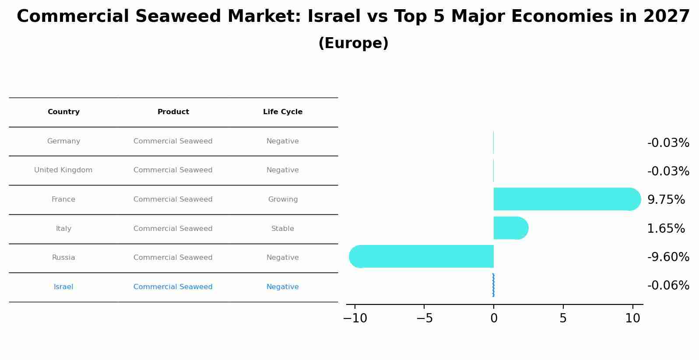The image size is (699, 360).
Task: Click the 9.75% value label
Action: tap(666, 200)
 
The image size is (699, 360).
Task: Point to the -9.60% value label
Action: tap(668, 257)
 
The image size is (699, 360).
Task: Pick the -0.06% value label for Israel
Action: tap(668, 286)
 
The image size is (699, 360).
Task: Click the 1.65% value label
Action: tap(666, 229)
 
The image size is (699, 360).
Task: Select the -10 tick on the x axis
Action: tap(355, 318)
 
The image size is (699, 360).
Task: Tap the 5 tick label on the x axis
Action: tap(563, 318)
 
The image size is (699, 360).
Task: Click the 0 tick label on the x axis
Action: tap(494, 318)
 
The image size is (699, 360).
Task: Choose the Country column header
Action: tap(63, 112)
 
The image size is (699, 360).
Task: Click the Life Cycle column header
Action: tap(283, 112)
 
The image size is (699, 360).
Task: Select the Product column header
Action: tap(173, 112)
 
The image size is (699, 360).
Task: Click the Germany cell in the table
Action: tap(63, 141)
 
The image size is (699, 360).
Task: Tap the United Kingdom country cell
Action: tap(63, 170)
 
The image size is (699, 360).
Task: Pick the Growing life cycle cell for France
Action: tap(283, 199)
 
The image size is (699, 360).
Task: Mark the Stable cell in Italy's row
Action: tap(283, 229)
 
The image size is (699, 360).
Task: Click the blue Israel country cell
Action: tap(63, 287)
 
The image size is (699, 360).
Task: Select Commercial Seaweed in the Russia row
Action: tap(173, 258)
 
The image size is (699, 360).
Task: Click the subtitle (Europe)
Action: tap(353, 43)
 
